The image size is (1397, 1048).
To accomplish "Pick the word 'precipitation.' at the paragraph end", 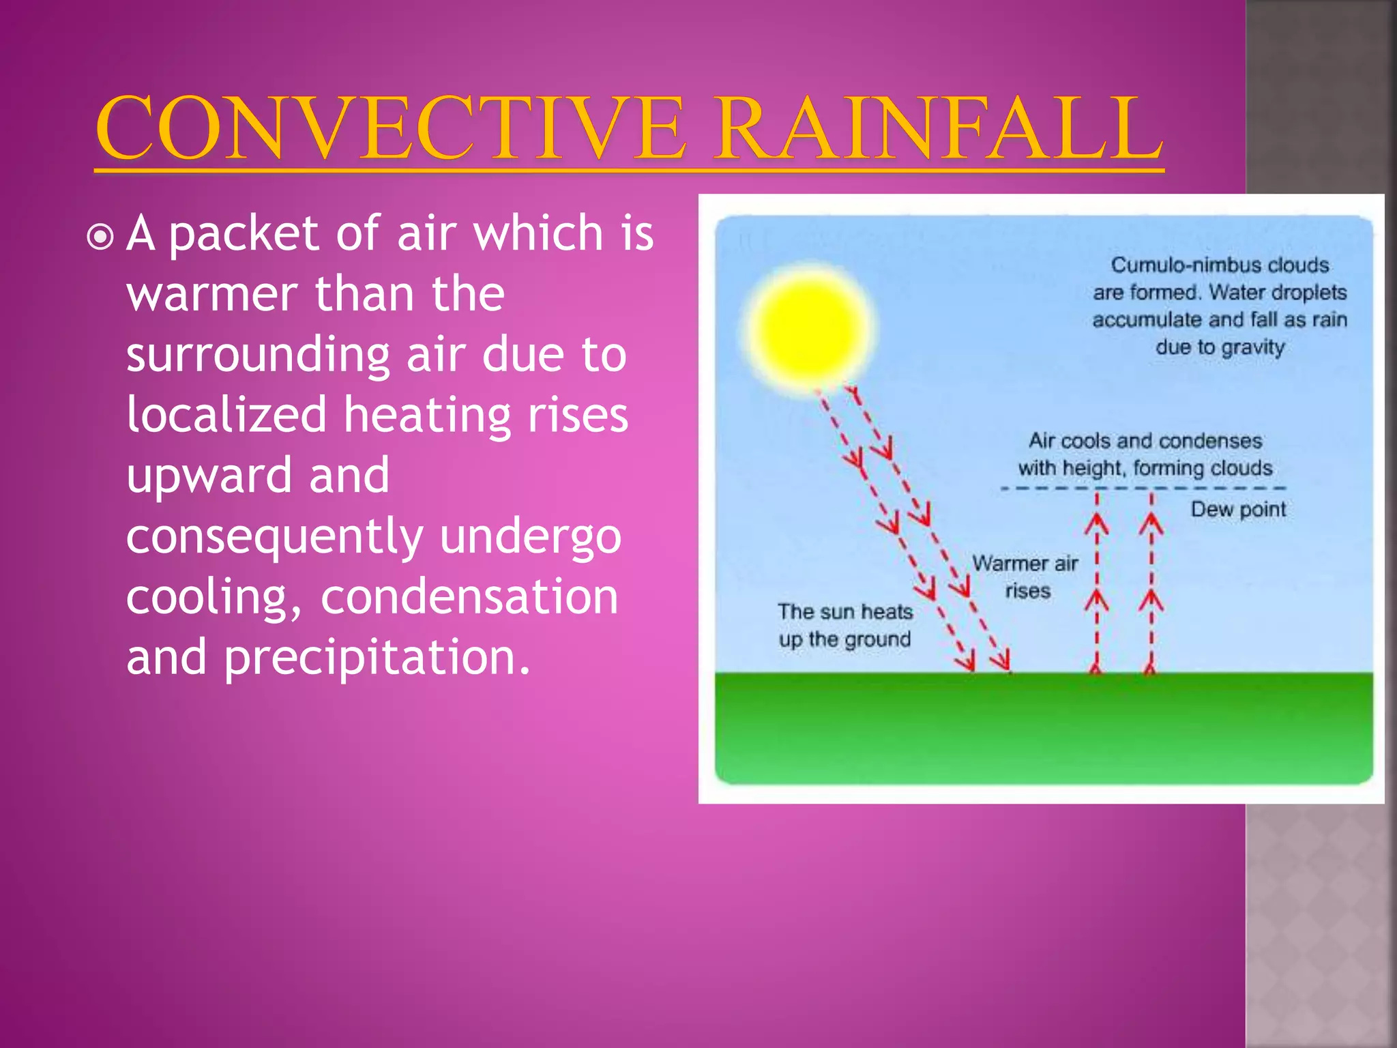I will [377, 658].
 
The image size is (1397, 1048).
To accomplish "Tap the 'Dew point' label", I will [1238, 510].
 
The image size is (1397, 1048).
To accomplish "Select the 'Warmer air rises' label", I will [1025, 577].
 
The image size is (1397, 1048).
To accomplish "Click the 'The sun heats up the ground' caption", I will [845, 626].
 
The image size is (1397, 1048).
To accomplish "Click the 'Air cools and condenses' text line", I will [1145, 441].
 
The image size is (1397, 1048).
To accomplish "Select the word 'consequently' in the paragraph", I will [274, 537].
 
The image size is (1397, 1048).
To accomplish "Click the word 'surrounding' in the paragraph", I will [258, 356].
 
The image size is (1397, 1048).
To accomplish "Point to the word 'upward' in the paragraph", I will [209, 476].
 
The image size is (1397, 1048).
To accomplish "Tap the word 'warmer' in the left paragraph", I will [211, 295].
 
